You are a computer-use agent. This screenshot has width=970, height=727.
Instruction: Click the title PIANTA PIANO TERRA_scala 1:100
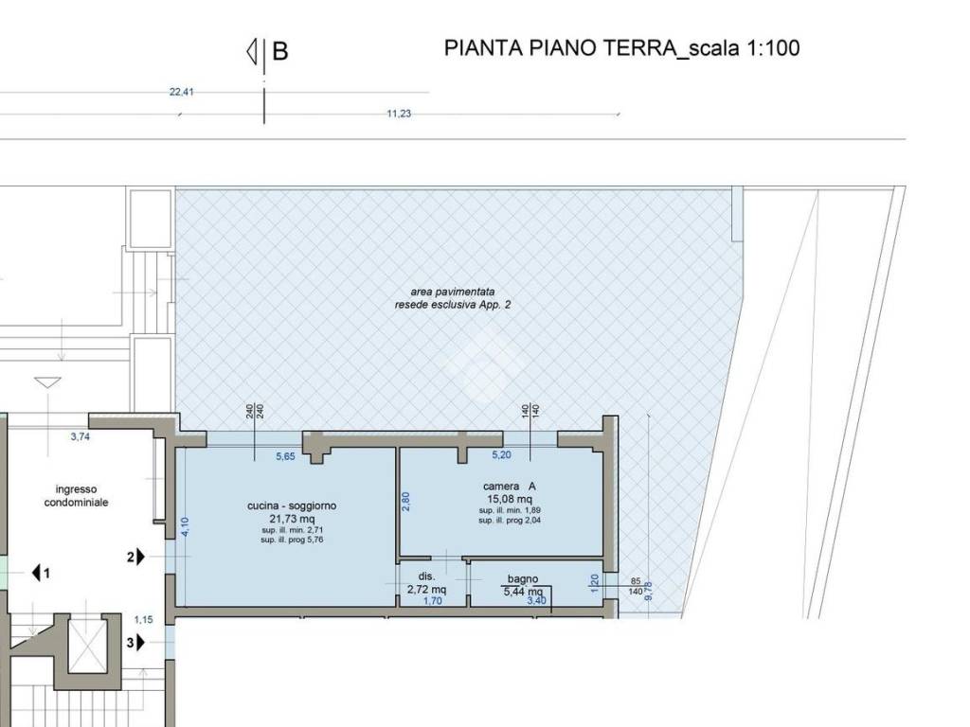point(621,48)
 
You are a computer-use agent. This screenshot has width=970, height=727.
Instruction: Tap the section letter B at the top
point(279,51)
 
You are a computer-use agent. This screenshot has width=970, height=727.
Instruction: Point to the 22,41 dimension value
point(181,93)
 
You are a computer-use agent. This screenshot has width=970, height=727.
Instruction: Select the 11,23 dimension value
point(399,114)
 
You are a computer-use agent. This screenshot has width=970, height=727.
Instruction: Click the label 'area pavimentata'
point(452,293)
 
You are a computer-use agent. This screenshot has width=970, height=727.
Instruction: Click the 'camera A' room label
point(509,487)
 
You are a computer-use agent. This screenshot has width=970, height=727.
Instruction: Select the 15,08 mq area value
point(509,499)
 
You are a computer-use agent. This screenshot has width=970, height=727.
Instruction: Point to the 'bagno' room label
point(523,578)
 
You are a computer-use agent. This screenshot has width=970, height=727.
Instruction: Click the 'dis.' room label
point(426,576)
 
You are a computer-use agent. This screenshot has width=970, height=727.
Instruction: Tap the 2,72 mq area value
point(426,589)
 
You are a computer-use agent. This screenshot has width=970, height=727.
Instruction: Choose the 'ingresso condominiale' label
point(76,496)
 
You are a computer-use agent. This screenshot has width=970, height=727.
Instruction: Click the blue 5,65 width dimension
point(285,456)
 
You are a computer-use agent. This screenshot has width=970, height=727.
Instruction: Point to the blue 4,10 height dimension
point(186,525)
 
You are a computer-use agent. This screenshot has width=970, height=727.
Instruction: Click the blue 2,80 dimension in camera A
point(405,502)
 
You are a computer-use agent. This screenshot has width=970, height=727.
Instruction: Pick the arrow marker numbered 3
point(136,643)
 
